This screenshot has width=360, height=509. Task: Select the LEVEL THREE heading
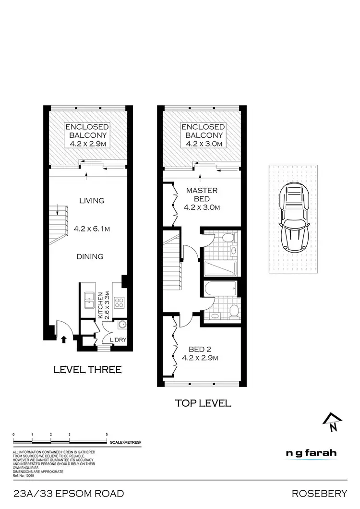click(87, 370)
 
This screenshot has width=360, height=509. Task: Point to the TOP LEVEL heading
click(202, 403)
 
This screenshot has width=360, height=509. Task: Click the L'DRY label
click(117, 340)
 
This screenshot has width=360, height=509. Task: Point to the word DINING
click(90, 256)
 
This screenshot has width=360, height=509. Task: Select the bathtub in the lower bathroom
click(220, 290)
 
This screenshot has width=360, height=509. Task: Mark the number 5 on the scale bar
click(107, 434)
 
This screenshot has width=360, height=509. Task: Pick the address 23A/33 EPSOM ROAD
click(69, 494)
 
